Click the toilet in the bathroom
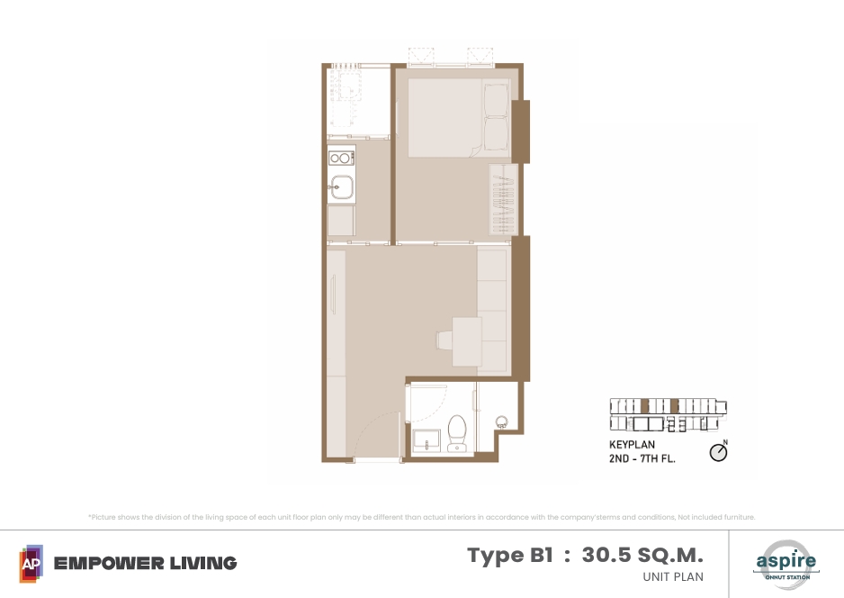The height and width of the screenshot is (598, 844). tap(457, 433)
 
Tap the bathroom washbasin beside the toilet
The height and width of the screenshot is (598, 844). tap(426, 440)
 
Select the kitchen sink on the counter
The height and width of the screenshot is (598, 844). tap(341, 187)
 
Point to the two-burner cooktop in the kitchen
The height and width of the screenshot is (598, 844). tap(341, 158)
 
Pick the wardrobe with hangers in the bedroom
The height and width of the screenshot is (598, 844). tap(503, 199)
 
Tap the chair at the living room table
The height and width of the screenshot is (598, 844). tap(444, 340)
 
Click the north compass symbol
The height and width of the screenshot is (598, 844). tap(719, 452)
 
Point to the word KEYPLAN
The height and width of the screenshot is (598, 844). tap(632, 445)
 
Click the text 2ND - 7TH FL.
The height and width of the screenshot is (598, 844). tap(642, 458)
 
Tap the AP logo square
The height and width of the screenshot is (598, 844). tap(31, 564)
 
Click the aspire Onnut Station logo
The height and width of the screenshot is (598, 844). tap(786, 564)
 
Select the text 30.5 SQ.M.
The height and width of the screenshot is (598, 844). tap(642, 555)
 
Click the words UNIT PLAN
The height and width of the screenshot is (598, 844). tap(673, 576)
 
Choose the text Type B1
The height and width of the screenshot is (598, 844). tap(510, 555)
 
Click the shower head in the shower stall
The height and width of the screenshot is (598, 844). tap(502, 421)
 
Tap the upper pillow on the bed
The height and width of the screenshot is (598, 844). tap(496, 99)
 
